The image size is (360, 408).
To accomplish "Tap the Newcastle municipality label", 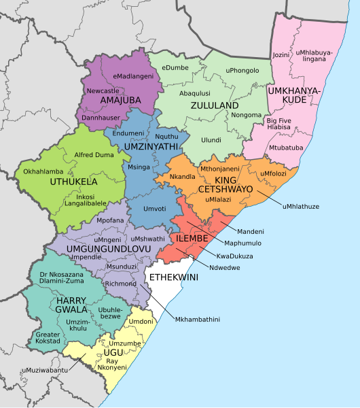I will pos(103,90).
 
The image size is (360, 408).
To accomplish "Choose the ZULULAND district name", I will pos(214,106).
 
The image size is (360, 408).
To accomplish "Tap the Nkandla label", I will pos(182,177).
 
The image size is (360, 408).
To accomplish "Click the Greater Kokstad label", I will pos(48,338).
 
